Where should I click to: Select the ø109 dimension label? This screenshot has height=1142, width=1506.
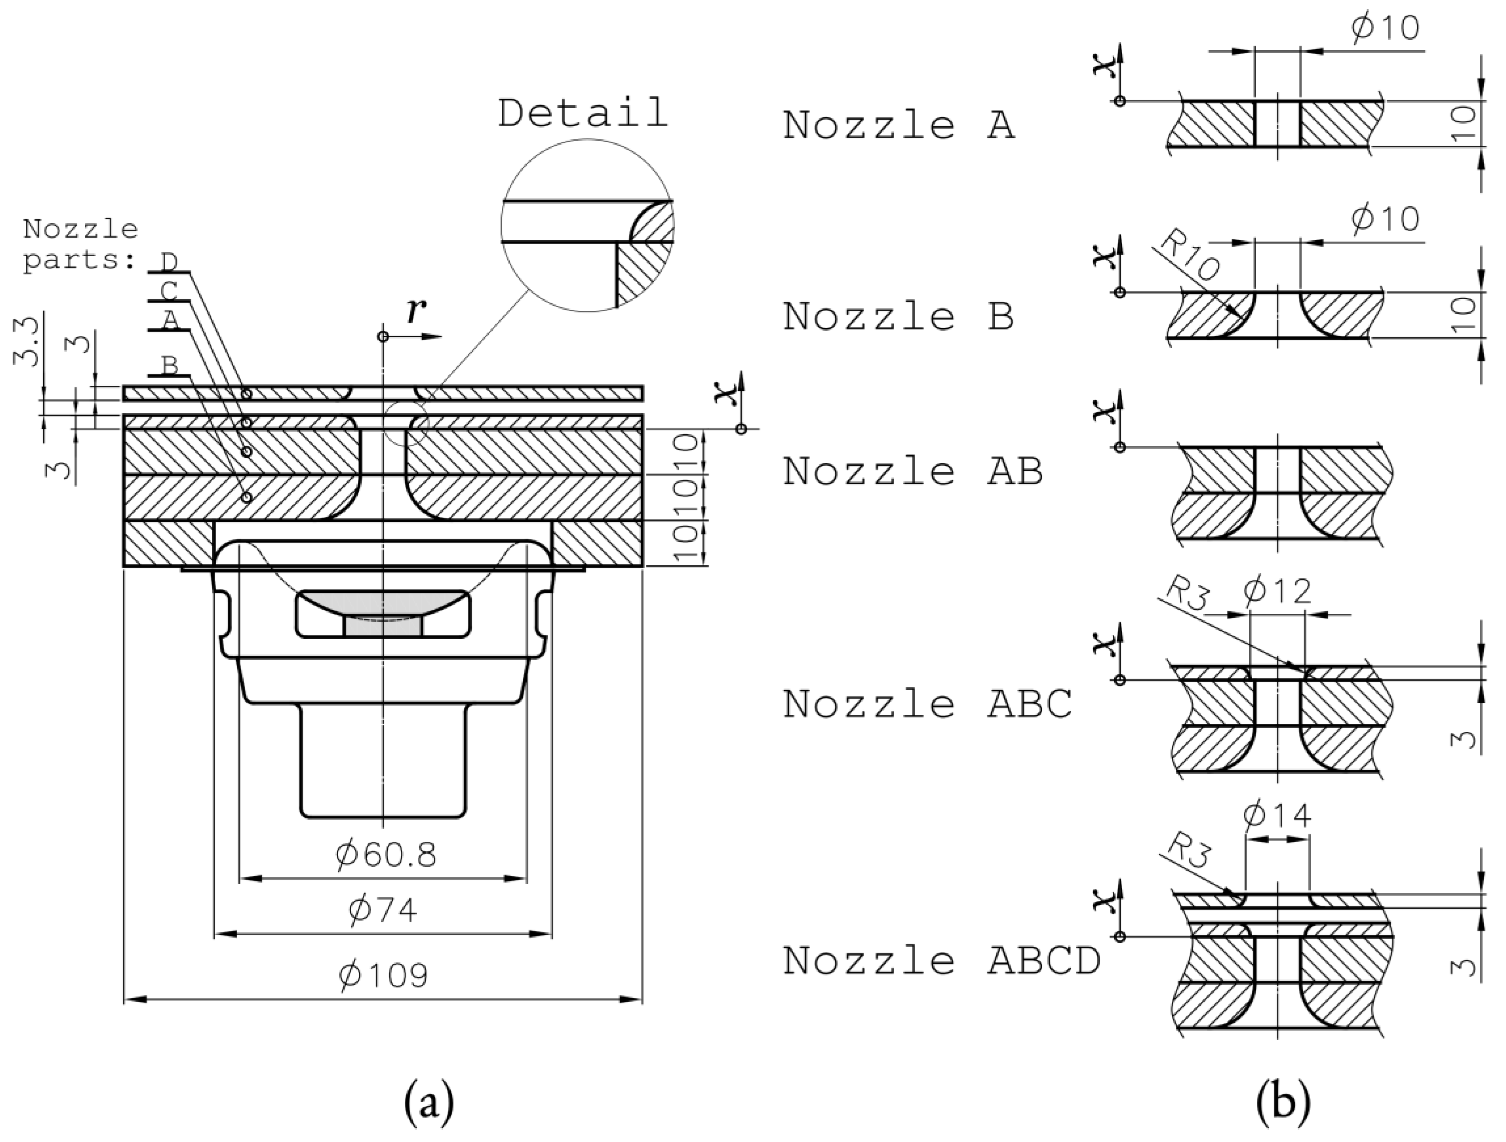(383, 975)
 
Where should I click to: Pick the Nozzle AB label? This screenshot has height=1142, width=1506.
(912, 471)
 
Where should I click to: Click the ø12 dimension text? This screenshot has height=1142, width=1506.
(1277, 591)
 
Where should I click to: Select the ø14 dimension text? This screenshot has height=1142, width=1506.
(1277, 815)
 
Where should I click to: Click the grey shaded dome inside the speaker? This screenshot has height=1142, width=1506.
(383, 606)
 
